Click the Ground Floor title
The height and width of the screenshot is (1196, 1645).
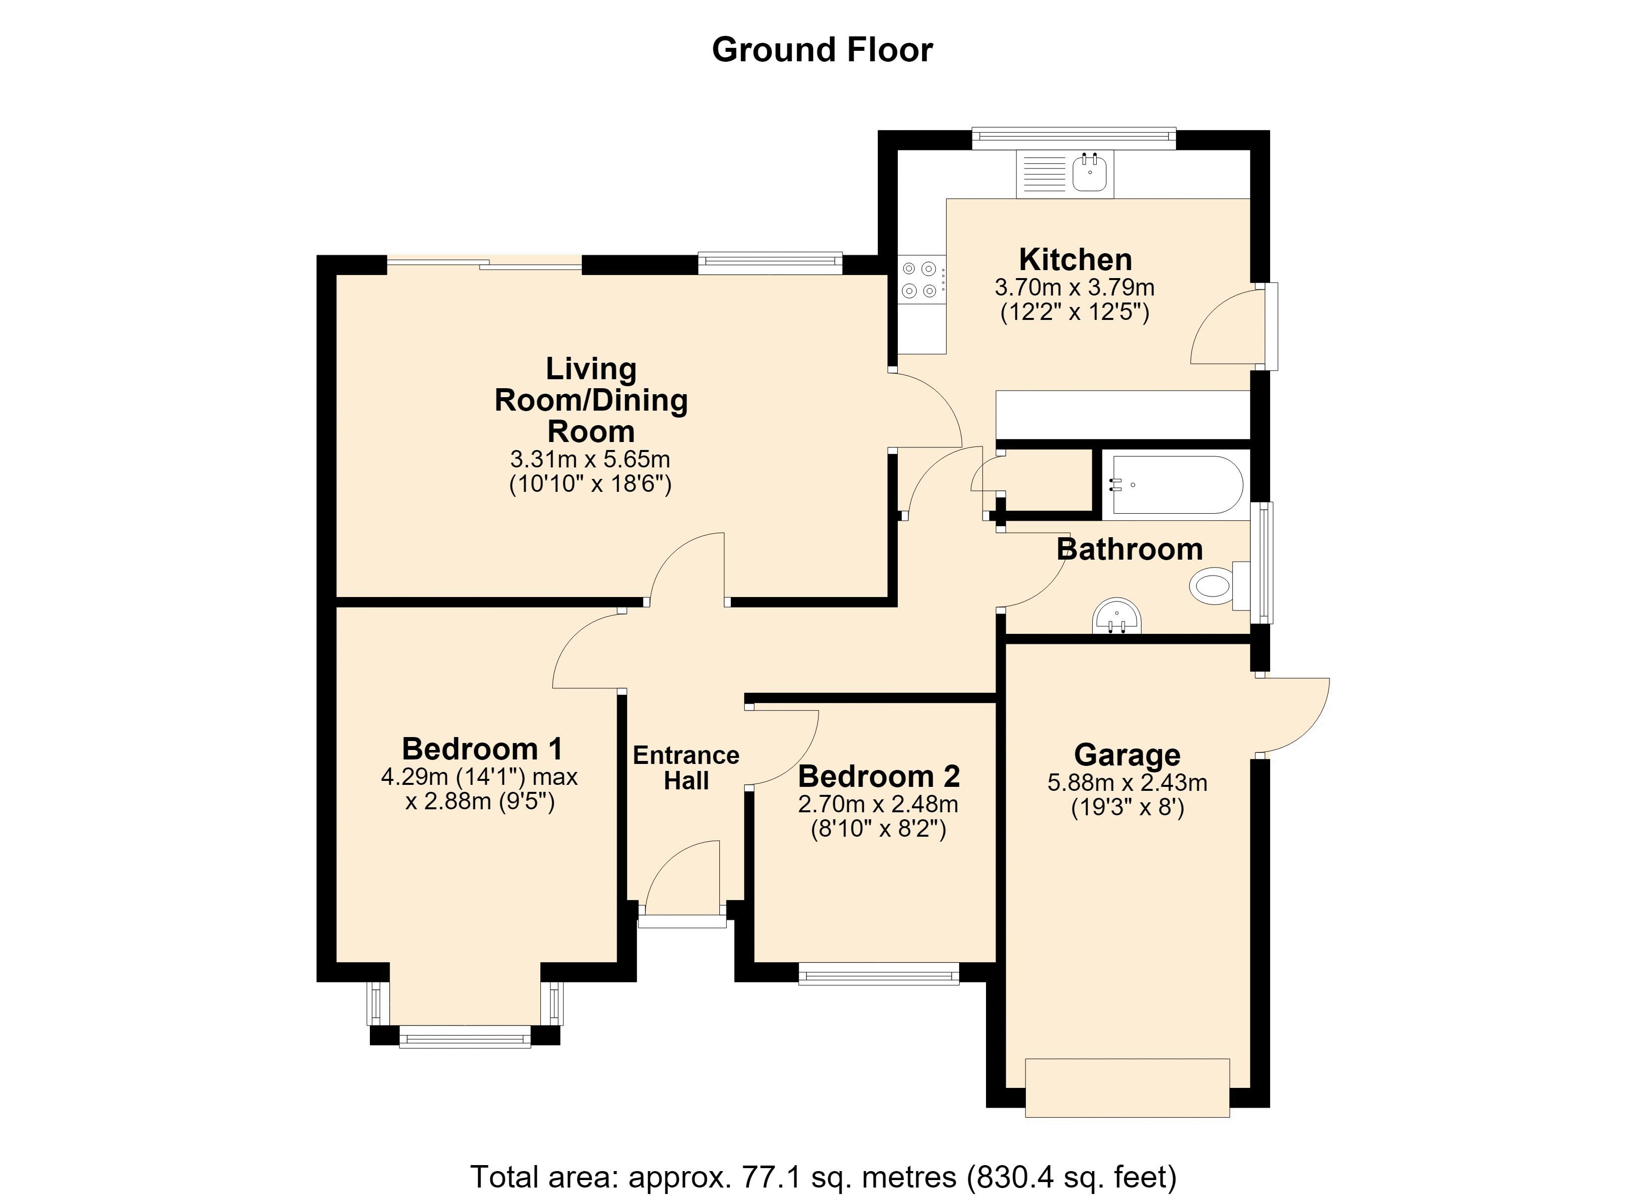pos(822,50)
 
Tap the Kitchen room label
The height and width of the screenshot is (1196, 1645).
pos(1075,260)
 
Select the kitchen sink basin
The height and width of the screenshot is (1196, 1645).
pos(1089,174)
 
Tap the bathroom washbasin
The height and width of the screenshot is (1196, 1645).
pos(1117,616)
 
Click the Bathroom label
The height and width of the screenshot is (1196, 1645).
pos(1129,549)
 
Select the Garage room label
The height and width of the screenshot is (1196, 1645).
pos(1127,755)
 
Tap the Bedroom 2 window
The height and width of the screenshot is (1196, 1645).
pos(879,973)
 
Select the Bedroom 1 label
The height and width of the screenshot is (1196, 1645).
pos(483,748)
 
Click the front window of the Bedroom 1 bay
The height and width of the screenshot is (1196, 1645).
pos(465,1037)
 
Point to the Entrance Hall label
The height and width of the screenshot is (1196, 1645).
pos(686,768)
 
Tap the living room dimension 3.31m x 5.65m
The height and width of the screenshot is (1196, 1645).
pos(590,459)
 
